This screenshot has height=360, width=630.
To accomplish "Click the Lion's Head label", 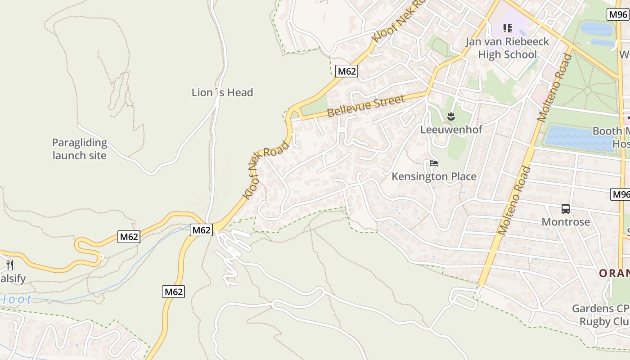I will point(222,93).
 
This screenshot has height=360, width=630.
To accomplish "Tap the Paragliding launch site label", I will point(80,149).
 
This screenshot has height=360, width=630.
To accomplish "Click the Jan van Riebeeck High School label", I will point(507,48).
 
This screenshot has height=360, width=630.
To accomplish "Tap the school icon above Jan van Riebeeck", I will point(508,28).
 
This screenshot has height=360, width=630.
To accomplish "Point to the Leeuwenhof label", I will point(451,130).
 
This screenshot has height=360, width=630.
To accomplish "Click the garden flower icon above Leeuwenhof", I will point(451,117).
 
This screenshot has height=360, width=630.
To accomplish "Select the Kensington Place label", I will point(434,176).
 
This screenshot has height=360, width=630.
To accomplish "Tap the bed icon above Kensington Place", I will point(434,163).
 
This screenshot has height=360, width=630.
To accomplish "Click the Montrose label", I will point(566,222).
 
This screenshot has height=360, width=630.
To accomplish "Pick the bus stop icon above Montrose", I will point(566,209).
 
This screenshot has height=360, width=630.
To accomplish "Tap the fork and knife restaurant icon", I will point(10,265).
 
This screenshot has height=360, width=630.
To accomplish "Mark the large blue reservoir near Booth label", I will point(578,138).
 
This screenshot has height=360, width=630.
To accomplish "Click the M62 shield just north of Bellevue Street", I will point(346,71).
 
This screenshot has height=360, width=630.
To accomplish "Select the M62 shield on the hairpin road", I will point(129,237).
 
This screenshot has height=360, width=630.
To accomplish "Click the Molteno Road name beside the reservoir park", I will point(555,86).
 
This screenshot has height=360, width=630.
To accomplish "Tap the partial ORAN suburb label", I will point(614,273).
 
